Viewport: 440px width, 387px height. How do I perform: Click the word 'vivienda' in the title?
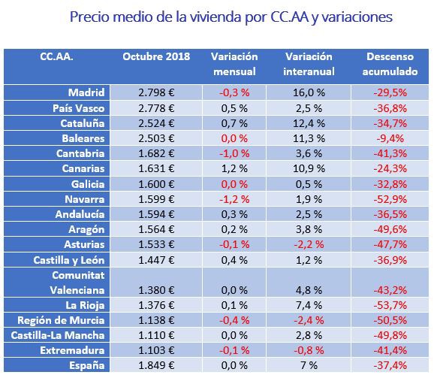(x=215, y=17)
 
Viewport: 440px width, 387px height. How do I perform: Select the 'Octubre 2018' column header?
(x=156, y=56)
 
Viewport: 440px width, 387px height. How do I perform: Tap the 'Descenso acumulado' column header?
(x=390, y=64)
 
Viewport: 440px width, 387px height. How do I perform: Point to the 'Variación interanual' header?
(x=309, y=64)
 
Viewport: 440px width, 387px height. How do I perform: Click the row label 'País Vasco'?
(x=79, y=108)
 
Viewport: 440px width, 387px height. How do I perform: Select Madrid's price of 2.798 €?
(x=156, y=92)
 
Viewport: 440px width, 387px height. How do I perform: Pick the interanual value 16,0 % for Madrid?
(x=309, y=92)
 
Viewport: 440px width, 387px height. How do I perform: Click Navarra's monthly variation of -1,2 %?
(x=234, y=199)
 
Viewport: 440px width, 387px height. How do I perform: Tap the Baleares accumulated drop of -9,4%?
(x=390, y=138)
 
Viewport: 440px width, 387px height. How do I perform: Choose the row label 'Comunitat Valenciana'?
(x=77, y=283)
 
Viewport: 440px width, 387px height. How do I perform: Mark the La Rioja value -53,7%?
(x=390, y=305)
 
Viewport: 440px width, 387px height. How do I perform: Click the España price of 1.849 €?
(x=156, y=365)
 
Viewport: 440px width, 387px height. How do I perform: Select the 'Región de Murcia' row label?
(x=61, y=320)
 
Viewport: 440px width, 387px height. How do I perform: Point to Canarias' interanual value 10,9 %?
(x=309, y=168)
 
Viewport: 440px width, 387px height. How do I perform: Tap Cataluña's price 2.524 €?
(x=156, y=123)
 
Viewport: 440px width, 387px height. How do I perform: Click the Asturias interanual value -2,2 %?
(x=309, y=244)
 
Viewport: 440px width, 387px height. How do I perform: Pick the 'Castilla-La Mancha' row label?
(x=58, y=335)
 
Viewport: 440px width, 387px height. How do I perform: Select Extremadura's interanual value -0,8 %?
(x=309, y=350)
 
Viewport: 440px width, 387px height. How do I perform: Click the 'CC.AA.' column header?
(x=56, y=56)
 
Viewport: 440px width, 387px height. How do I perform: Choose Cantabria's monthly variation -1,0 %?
(x=234, y=153)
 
